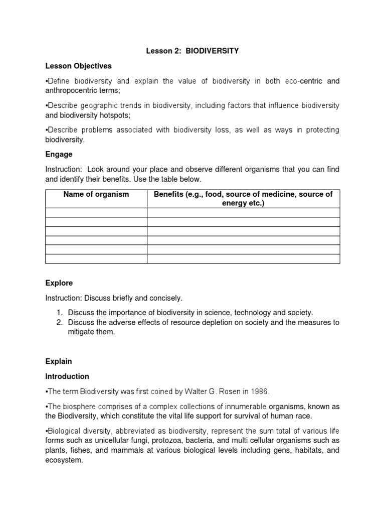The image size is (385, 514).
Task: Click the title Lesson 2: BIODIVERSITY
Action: coord(192,51)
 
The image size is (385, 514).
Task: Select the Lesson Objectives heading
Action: coord(78,66)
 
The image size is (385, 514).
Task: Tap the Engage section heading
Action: coord(59,154)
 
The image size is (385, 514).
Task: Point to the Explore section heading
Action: coord(59,283)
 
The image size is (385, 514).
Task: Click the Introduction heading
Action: coord(67,376)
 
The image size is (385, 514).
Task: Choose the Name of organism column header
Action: coord(96,194)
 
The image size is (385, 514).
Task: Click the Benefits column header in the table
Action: coord(243,199)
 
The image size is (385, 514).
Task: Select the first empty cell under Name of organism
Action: coord(96,213)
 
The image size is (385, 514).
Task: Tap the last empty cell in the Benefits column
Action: coord(243,259)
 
